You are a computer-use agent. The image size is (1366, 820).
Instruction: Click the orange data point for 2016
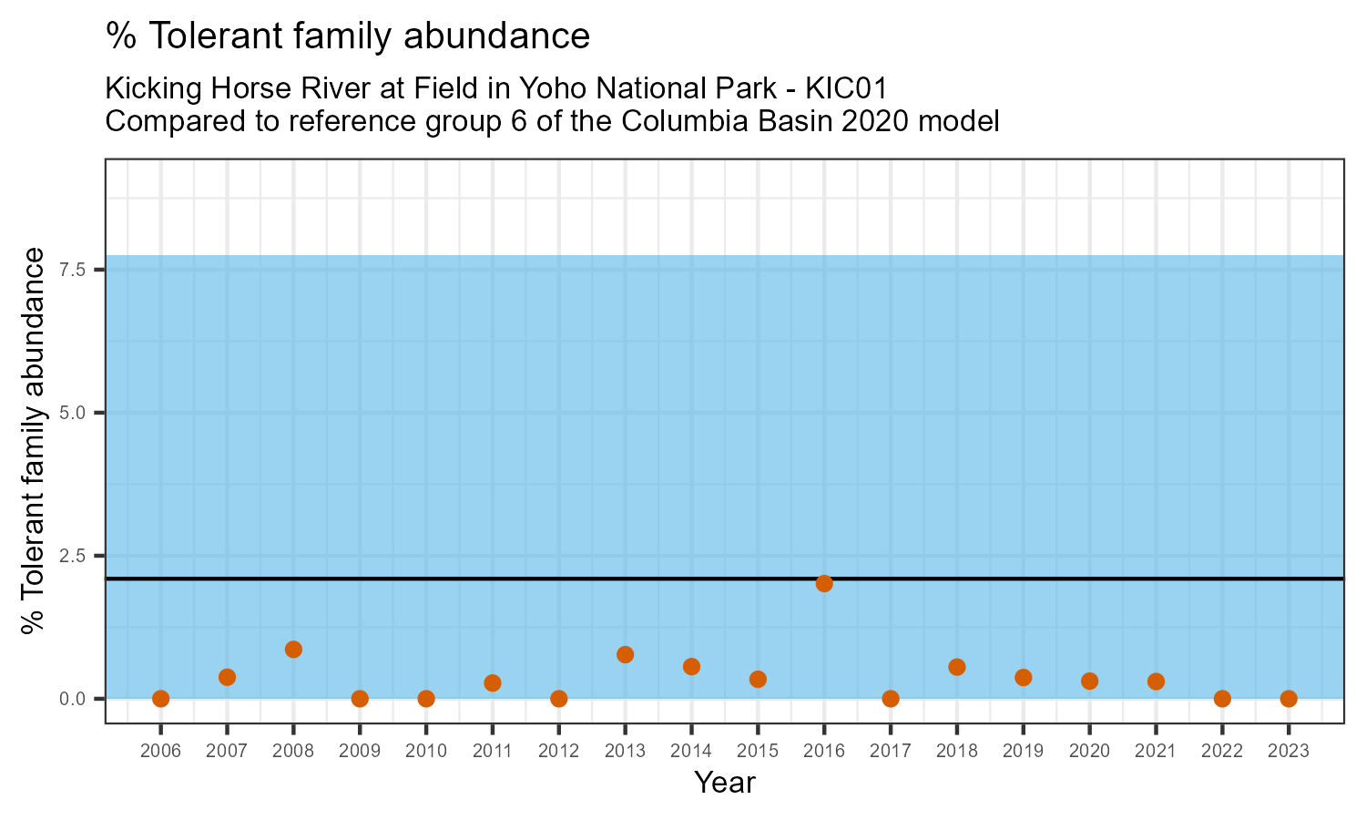(824, 583)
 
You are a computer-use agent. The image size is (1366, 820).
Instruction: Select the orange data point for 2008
(293, 650)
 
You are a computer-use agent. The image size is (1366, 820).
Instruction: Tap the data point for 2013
(625, 655)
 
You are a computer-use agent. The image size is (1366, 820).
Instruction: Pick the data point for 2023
(1289, 699)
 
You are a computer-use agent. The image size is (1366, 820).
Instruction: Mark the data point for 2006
(161, 699)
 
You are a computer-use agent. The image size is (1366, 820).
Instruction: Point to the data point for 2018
(957, 667)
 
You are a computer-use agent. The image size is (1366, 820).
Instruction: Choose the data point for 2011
(493, 682)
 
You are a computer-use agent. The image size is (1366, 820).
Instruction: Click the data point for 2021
(1156, 682)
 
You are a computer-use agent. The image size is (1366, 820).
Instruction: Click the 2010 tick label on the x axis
(426, 752)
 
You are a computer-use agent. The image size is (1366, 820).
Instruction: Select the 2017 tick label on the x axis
(891, 752)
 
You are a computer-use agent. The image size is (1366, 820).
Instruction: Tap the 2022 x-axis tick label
(1222, 752)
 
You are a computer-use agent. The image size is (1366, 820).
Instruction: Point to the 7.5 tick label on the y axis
(74, 270)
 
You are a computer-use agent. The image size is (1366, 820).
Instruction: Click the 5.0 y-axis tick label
(74, 413)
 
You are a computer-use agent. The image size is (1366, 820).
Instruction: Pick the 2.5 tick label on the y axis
(74, 556)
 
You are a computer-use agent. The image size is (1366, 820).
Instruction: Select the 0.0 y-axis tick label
(74, 699)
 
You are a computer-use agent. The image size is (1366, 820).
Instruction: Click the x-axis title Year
(725, 783)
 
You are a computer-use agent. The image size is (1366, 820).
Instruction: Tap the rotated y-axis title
(34, 440)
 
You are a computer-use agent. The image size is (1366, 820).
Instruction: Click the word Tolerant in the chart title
(211, 36)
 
